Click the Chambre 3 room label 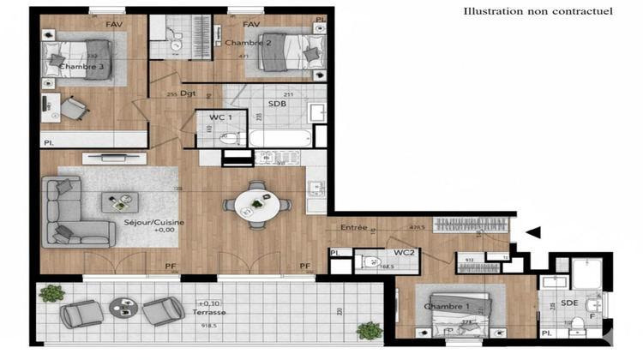click(82, 66)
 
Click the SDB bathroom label click(277, 105)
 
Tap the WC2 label click(405, 253)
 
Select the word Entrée click(354, 227)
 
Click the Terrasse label click(210, 313)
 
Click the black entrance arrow click(533, 231)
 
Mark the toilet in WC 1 click(228, 139)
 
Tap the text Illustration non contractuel click(538, 11)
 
